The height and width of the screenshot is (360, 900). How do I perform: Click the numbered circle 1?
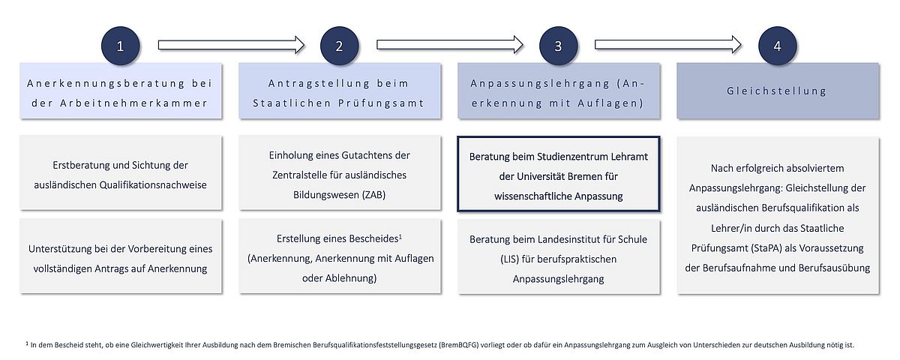click(x=120, y=46)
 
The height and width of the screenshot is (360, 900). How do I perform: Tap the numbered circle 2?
click(x=339, y=46)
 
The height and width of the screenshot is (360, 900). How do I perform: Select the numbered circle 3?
click(x=558, y=46)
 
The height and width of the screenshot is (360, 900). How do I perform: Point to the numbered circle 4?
click(x=777, y=46)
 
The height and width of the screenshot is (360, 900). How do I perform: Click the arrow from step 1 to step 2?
click(x=232, y=44)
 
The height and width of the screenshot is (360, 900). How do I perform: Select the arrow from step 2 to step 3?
click(x=450, y=44)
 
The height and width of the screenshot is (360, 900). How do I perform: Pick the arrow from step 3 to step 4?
click(x=668, y=44)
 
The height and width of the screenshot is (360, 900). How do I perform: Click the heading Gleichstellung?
click(x=776, y=91)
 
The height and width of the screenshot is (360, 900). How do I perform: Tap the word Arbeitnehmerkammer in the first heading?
click(x=133, y=103)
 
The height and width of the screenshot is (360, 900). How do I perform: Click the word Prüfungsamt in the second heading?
click(x=381, y=103)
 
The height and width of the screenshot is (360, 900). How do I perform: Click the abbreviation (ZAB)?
click(x=373, y=195)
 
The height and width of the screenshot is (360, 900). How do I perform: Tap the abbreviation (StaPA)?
click(x=766, y=248)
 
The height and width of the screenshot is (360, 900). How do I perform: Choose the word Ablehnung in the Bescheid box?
click(x=355, y=278)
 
